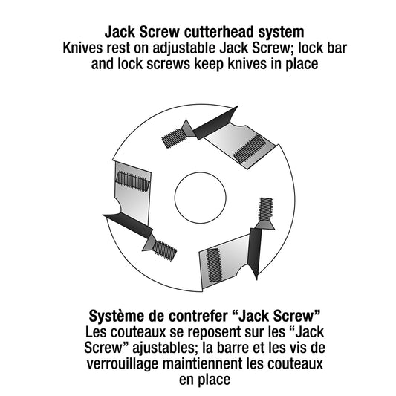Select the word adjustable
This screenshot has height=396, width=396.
click(184, 48)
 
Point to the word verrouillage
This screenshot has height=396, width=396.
click(123, 364)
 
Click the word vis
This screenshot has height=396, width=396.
click(300, 348)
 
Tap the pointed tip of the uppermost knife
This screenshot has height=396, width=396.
click(238, 106)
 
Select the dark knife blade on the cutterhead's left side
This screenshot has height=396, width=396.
click(128, 226)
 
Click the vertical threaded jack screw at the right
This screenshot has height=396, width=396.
click(266, 210)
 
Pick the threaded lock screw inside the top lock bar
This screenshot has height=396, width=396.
click(250, 149)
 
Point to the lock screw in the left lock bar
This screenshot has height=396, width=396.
click(132, 181)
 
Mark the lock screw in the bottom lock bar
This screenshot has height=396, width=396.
click(214, 265)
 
